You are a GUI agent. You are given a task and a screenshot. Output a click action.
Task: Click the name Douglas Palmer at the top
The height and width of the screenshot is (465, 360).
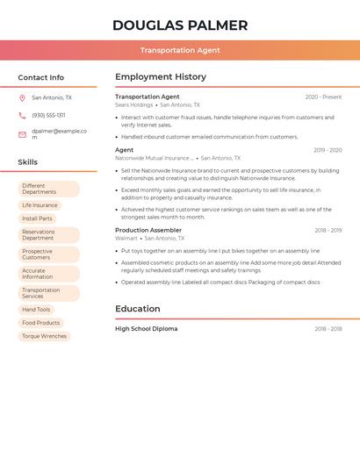[180, 25]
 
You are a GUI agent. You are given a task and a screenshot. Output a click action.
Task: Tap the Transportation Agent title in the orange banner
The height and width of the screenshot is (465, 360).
[180, 50]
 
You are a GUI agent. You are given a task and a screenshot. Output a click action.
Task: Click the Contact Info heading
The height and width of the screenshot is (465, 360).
[41, 77]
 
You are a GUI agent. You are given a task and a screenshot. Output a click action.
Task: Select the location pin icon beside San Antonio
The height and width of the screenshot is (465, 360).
[23, 98]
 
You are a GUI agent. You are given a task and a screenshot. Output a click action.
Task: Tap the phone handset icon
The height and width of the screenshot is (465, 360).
[23, 116]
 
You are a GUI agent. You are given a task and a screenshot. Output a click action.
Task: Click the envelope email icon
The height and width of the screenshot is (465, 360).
[23, 134]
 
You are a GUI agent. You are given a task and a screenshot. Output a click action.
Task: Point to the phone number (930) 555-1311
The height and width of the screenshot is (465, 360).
[49, 116]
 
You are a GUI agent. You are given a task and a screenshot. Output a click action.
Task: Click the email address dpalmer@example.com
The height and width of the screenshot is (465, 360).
[59, 133]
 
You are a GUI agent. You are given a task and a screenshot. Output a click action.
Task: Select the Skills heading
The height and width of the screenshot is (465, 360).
[28, 162]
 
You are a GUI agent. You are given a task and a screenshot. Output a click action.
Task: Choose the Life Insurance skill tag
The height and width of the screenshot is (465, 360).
[40, 205]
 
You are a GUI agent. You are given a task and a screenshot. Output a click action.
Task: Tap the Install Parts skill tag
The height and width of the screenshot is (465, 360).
[37, 218]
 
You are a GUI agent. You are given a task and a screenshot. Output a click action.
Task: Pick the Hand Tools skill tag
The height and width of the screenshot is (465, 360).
[36, 310]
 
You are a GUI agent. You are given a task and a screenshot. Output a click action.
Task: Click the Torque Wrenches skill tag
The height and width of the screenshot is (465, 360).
[44, 336]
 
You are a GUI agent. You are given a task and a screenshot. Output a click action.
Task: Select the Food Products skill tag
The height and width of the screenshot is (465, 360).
[41, 323]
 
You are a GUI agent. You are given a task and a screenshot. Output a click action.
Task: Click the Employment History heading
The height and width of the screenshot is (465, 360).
[161, 77]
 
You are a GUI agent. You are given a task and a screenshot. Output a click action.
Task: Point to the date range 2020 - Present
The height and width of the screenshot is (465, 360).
[323, 97]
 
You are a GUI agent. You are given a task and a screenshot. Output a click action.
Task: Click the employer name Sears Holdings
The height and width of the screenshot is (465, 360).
[134, 105]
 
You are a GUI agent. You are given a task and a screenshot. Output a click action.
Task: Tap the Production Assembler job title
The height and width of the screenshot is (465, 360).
[148, 230]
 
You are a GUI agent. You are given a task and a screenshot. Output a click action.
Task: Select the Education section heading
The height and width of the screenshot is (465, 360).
[138, 309]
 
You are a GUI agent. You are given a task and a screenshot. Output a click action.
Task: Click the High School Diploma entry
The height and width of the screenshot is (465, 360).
[147, 329]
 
